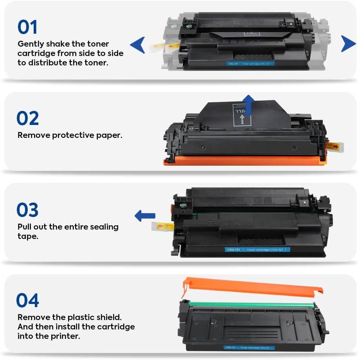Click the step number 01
tap(27, 27)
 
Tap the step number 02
tap(28, 118)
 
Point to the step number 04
tap(28, 300)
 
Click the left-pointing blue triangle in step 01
tap(137, 45)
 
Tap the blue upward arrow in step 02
tap(247, 105)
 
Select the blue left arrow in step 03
tap(145, 215)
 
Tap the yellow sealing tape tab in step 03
tap(162, 226)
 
